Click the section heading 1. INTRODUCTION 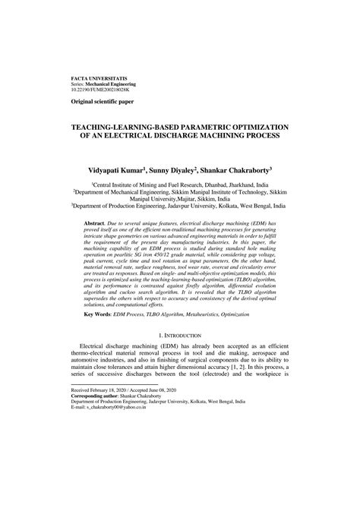(x=180, y=356)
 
